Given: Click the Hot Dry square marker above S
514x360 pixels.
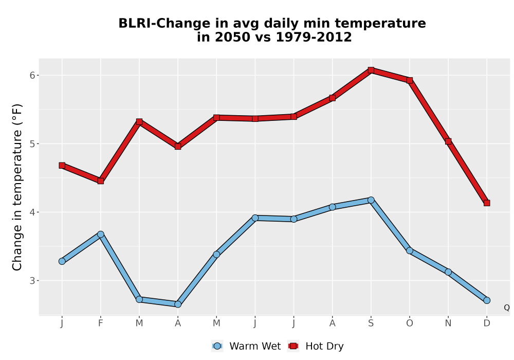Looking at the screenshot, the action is coord(371,70).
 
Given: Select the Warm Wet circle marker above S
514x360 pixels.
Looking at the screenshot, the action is coord(371,200).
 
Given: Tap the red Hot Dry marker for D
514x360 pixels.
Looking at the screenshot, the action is coord(487,203).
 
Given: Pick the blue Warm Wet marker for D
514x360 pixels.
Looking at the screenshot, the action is coord(487,300).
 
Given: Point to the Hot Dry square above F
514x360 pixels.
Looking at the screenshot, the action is coord(101,181).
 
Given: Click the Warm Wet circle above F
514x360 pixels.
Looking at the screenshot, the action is coord(101,234).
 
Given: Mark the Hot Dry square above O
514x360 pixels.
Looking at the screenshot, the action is coord(410,80).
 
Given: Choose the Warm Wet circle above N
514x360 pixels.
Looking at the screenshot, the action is coord(448,272).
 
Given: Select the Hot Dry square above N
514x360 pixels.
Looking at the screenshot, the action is coord(448,141).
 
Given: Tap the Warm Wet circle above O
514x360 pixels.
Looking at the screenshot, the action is coord(410,250).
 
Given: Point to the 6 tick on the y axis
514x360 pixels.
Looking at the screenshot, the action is coord(32,76).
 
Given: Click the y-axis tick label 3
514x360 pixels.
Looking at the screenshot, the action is coord(32,281).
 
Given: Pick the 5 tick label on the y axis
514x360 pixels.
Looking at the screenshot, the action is coord(32,144).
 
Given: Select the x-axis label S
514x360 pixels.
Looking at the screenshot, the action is coord(371,323).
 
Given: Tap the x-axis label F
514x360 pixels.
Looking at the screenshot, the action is coord(101,323).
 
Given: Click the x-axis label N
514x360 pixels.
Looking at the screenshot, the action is coord(448,323).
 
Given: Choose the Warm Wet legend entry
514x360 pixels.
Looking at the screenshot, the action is coord(246,346).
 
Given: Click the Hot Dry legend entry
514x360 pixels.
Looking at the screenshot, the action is coord(316,346).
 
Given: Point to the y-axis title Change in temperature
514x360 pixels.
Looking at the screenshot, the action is coord(17,187).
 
